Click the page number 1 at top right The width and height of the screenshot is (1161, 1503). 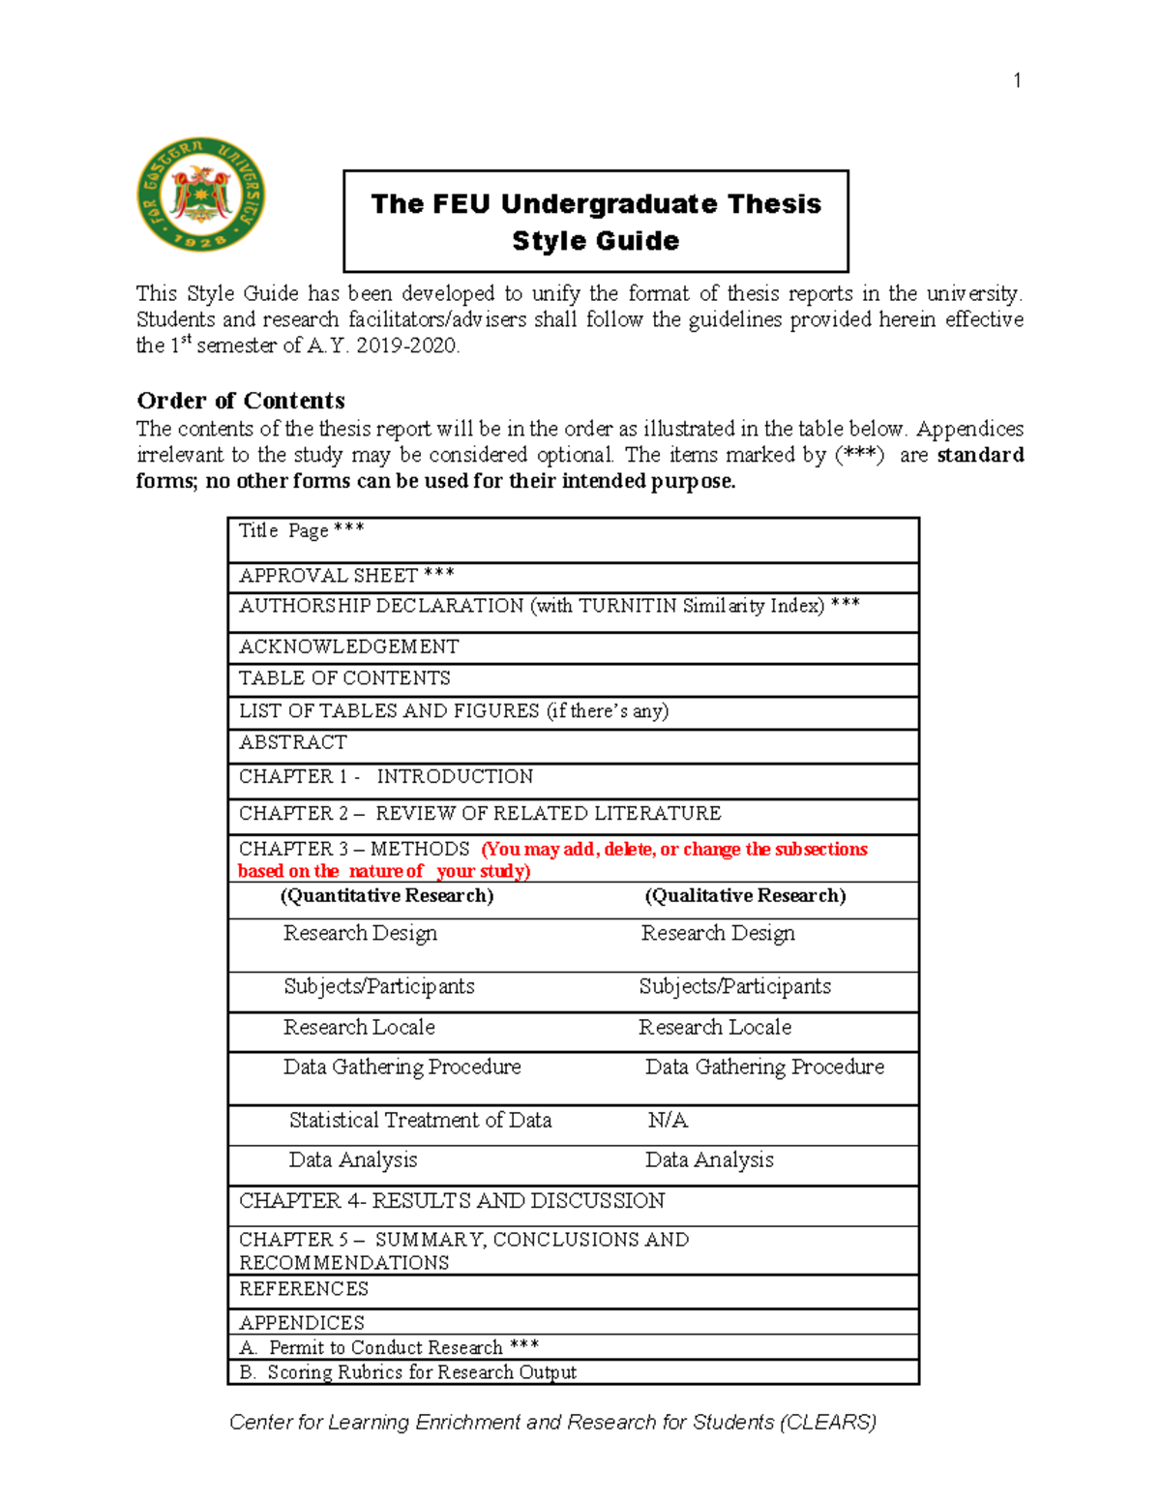1017,80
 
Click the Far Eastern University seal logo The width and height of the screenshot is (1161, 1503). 201,195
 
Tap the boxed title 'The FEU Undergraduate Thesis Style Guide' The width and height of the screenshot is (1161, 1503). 596,222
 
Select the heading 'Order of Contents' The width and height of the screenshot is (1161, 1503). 241,401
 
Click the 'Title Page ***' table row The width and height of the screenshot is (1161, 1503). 302,530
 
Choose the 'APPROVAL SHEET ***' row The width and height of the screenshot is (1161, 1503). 346,576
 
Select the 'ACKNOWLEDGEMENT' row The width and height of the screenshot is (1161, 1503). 349,646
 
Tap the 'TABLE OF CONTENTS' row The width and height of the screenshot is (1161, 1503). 344,678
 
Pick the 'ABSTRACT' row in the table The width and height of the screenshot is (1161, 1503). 293,742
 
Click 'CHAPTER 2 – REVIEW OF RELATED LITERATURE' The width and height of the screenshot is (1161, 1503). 480,813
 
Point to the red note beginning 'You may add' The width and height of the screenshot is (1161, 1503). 674,850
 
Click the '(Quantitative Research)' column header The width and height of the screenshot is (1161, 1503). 387,896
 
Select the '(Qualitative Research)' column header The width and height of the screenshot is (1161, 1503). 745,896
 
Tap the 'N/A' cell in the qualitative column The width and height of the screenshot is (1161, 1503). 668,1121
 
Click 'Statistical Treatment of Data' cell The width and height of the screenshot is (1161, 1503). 420,1121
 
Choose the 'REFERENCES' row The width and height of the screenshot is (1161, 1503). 304,1289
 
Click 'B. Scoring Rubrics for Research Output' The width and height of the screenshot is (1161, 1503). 407,1372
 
